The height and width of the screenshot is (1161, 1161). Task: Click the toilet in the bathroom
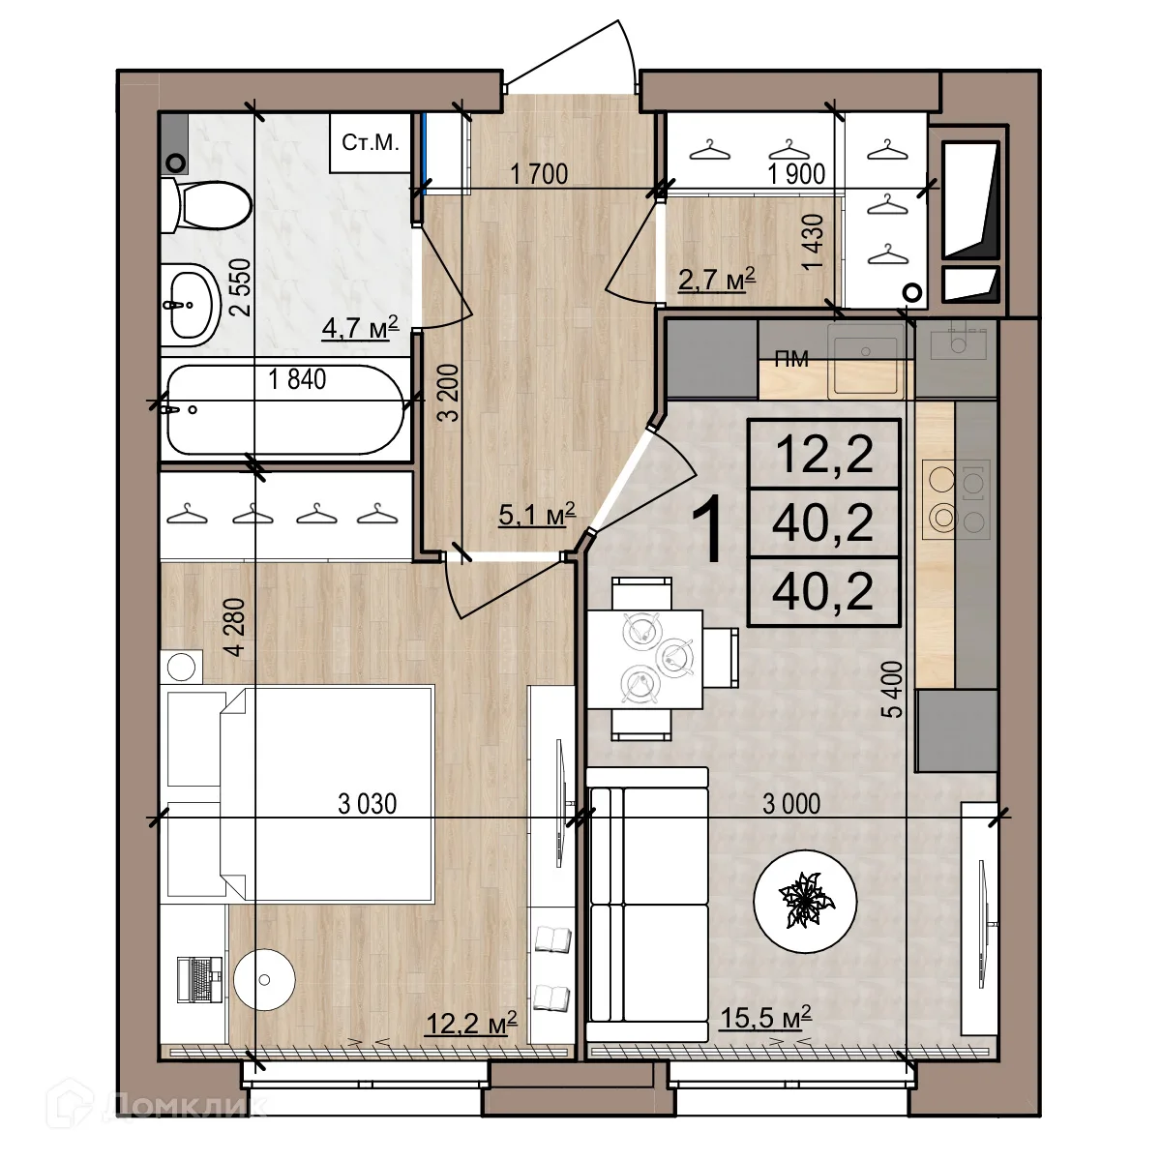[x=207, y=205]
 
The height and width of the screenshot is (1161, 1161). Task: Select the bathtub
[x=285, y=409]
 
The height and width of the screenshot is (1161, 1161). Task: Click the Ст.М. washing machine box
[x=370, y=143]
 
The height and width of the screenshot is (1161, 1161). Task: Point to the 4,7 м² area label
[x=360, y=327]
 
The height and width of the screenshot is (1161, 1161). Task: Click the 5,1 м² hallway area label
[x=537, y=514]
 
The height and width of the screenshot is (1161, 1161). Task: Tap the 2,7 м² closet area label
[x=716, y=279]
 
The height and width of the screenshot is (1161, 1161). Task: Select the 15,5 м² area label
[x=765, y=1018]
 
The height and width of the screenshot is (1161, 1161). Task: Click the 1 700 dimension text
[x=539, y=174]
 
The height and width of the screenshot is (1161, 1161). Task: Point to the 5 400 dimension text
[x=892, y=689]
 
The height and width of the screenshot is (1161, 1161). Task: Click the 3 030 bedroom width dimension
[x=367, y=804]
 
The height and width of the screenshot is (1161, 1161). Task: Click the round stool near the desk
[x=264, y=980]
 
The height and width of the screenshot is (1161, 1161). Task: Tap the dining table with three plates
[x=644, y=659]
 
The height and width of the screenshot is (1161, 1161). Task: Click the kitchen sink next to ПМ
[x=866, y=360]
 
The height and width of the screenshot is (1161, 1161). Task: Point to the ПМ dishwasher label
[x=791, y=359]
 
